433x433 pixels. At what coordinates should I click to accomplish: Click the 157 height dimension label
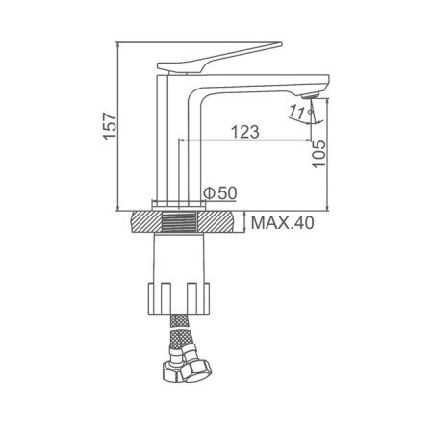[110, 126]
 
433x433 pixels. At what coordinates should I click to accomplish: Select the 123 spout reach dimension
[245, 132]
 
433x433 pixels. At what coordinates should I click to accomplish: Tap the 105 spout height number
[318, 154]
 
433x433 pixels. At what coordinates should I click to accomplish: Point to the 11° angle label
[300, 112]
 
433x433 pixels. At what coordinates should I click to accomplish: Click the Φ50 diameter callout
[220, 192]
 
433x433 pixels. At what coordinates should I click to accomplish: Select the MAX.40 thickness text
[282, 222]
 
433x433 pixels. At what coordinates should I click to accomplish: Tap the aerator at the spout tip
[311, 95]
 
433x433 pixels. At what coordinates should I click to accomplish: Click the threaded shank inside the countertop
[179, 221]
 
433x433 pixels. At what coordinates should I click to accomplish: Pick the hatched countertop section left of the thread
[145, 221]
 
